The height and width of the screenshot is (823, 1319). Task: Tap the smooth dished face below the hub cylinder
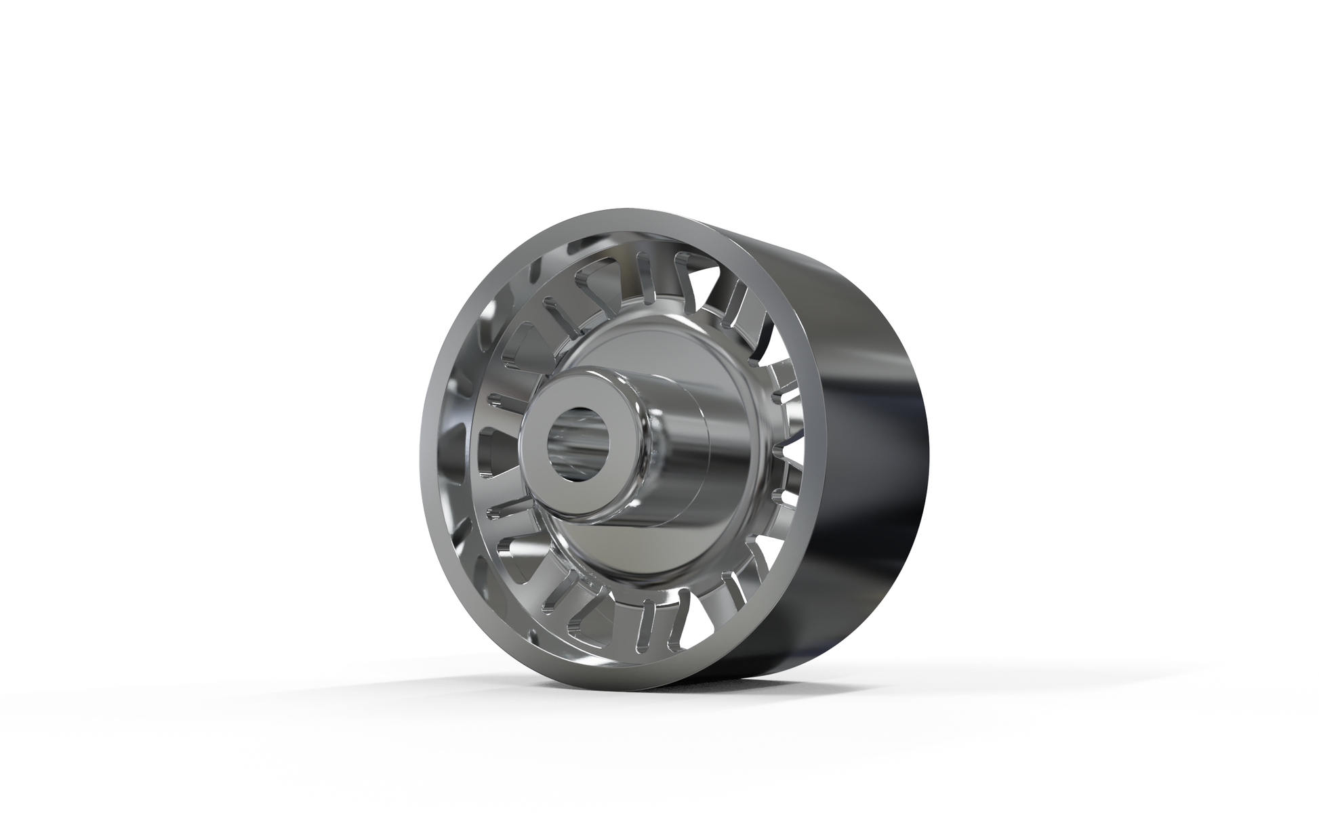point(610,562)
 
